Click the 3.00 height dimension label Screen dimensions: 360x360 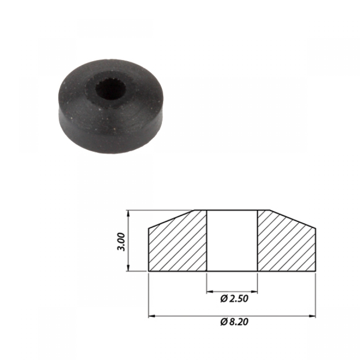click(x=121, y=242)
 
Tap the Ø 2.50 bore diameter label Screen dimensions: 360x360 click(x=234, y=299)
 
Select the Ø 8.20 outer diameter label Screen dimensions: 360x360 click(x=234, y=322)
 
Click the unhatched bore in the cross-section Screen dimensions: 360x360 click(x=232, y=241)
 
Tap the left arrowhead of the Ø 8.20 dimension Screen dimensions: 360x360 click(x=152, y=316)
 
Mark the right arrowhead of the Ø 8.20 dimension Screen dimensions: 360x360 click(x=312, y=316)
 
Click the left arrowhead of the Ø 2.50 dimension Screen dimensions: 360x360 click(x=210, y=292)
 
